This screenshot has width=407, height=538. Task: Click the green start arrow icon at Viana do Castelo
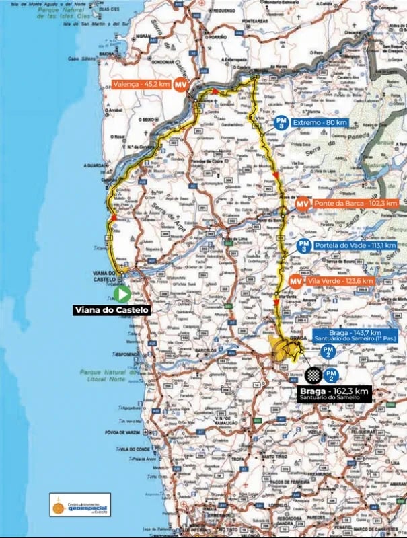click(122, 294)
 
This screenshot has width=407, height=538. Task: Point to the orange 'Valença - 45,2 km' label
click(139, 85)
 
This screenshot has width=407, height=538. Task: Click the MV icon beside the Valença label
click(180, 85)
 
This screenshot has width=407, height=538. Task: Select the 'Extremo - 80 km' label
click(320, 122)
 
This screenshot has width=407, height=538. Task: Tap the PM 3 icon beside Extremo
click(283, 122)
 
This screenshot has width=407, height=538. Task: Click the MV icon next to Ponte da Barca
click(303, 203)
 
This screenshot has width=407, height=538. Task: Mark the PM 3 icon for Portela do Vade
click(304, 246)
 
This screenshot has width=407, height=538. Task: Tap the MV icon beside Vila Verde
click(295, 281)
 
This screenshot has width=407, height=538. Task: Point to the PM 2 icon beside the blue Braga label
click(328, 352)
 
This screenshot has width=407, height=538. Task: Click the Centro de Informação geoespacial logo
click(80, 504)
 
